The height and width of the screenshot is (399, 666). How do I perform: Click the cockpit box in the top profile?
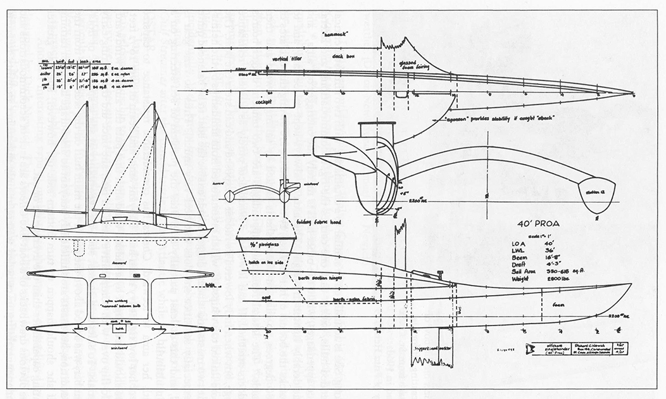click(x=265, y=99)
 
